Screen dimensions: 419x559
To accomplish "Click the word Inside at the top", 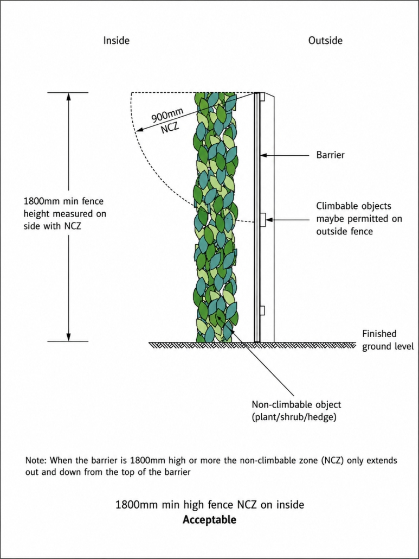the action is tap(117, 40).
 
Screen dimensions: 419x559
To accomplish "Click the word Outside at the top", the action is tap(325, 40).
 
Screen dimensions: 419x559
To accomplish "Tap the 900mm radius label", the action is tap(167, 115).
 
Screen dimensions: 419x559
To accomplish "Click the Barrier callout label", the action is tap(330, 155).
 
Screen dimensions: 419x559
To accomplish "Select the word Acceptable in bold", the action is tap(209, 519).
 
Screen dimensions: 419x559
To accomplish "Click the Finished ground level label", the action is tap(388, 340).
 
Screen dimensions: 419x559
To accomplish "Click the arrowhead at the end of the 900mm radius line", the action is tap(140, 129).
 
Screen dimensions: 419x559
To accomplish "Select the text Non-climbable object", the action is tap(296, 405).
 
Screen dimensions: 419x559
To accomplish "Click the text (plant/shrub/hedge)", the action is tap(294, 417).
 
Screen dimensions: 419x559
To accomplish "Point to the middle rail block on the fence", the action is tap(263, 220).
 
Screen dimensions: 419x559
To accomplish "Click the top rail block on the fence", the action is tap(262, 97).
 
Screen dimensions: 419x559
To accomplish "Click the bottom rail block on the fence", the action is tap(263, 310).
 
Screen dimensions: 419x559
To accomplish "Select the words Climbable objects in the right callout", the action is tap(354, 206).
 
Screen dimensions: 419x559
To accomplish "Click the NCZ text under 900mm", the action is tap(170, 128).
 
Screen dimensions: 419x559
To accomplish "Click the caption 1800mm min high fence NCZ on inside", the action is tap(210, 505).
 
